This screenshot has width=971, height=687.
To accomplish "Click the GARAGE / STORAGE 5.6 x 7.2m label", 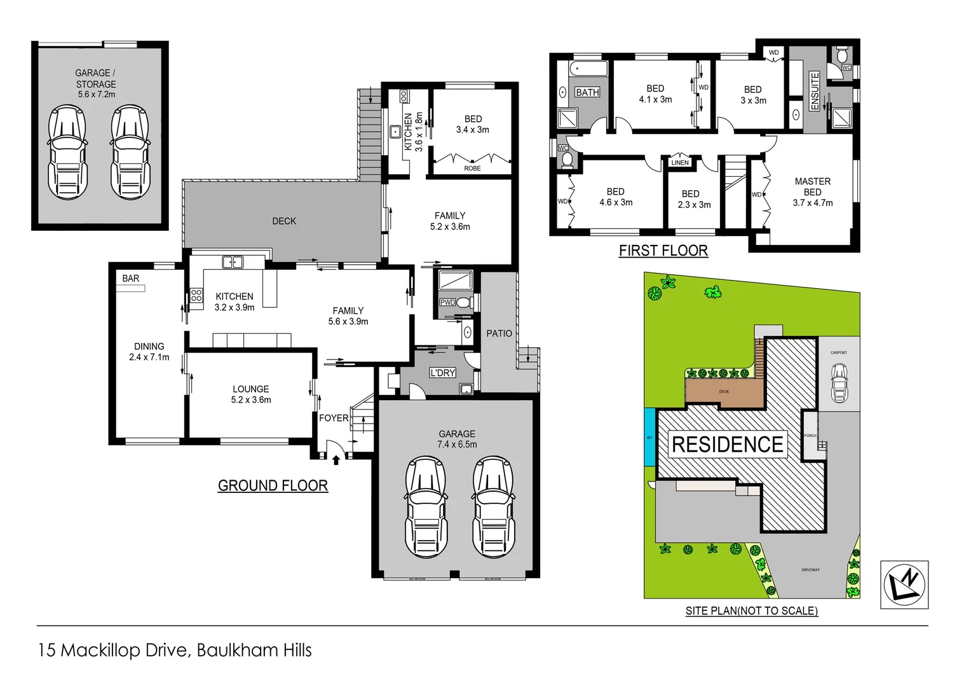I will tap(96, 83).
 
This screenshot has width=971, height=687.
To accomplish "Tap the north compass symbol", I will tap(904, 585).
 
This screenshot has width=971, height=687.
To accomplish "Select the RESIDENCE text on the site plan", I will tap(727, 444).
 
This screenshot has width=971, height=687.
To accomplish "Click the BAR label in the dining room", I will tap(131, 279).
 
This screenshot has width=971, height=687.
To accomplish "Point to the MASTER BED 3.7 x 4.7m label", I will tap(812, 192).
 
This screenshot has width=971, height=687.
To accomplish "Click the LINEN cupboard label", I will tap(679, 163).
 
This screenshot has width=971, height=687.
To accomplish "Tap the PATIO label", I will tap(499, 333).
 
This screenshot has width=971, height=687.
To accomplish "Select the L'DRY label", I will tap(442, 373).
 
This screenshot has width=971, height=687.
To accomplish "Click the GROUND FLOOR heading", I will tap(273, 485).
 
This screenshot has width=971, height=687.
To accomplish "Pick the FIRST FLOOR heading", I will tap(663, 251).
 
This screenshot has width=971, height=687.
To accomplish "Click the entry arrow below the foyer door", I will tap(336, 459).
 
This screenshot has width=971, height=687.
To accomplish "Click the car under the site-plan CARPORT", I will tap(839, 383).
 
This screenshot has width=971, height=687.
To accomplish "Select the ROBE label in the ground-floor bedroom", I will tap(472, 169).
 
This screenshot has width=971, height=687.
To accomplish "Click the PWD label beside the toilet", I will tap(447, 302).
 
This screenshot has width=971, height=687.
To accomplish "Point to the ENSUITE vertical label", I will tap(815, 92).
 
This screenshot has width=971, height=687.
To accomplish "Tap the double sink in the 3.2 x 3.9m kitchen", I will tap(233, 261).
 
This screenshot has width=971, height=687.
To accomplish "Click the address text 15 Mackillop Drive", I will tap(175, 650).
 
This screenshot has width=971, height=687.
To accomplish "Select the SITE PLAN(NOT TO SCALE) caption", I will tap(751, 611).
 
